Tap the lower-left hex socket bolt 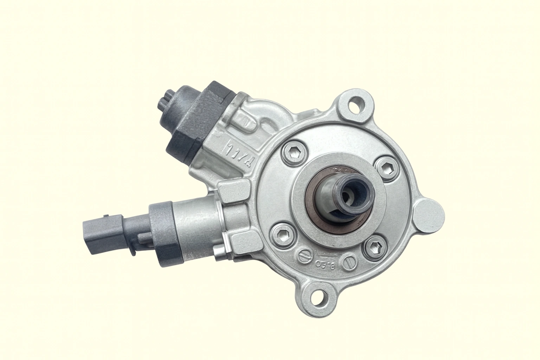(281, 233)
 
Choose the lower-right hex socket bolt (373, 249)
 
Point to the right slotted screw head (349, 262)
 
